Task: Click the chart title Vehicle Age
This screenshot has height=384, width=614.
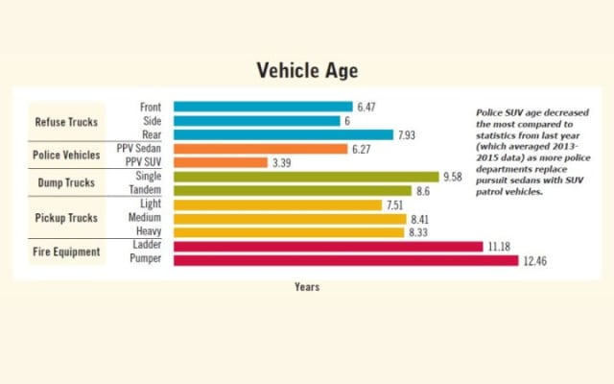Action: pyautogui.click(x=307, y=71)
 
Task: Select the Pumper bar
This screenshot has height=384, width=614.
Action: pyautogui.click(x=345, y=260)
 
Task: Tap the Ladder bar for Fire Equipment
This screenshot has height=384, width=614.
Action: pyautogui.click(x=328, y=246)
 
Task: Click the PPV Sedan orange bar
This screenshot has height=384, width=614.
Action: pyautogui.click(x=260, y=149)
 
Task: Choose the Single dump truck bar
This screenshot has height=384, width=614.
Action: pyautogui.click(x=305, y=177)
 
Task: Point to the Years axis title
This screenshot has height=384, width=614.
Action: pyautogui.click(x=307, y=287)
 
